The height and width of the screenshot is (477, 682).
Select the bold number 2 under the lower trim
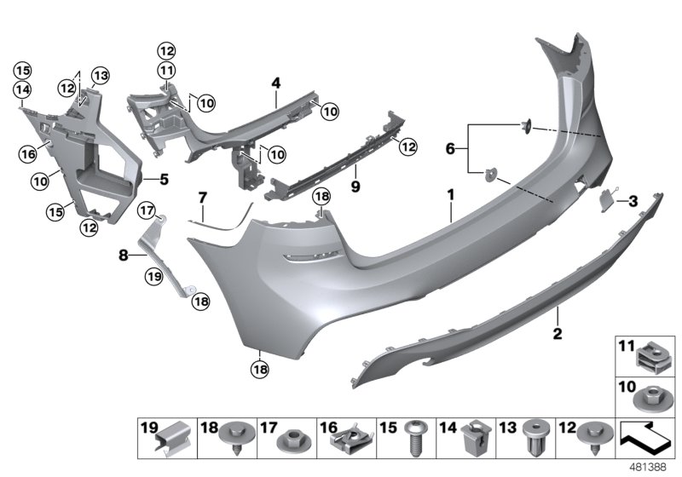click(x=557, y=333)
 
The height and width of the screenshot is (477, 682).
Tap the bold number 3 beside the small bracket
click(x=633, y=201)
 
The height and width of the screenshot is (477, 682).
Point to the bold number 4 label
click(x=276, y=83)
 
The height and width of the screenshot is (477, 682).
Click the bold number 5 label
click(x=165, y=180)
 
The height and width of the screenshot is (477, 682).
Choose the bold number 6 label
click(x=451, y=149)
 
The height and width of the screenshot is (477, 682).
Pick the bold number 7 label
click(x=202, y=198)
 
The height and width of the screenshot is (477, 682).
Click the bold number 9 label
click(x=355, y=183)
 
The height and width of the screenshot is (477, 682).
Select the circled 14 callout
click(x=21, y=89)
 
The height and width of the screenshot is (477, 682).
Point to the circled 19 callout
click(x=153, y=275)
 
